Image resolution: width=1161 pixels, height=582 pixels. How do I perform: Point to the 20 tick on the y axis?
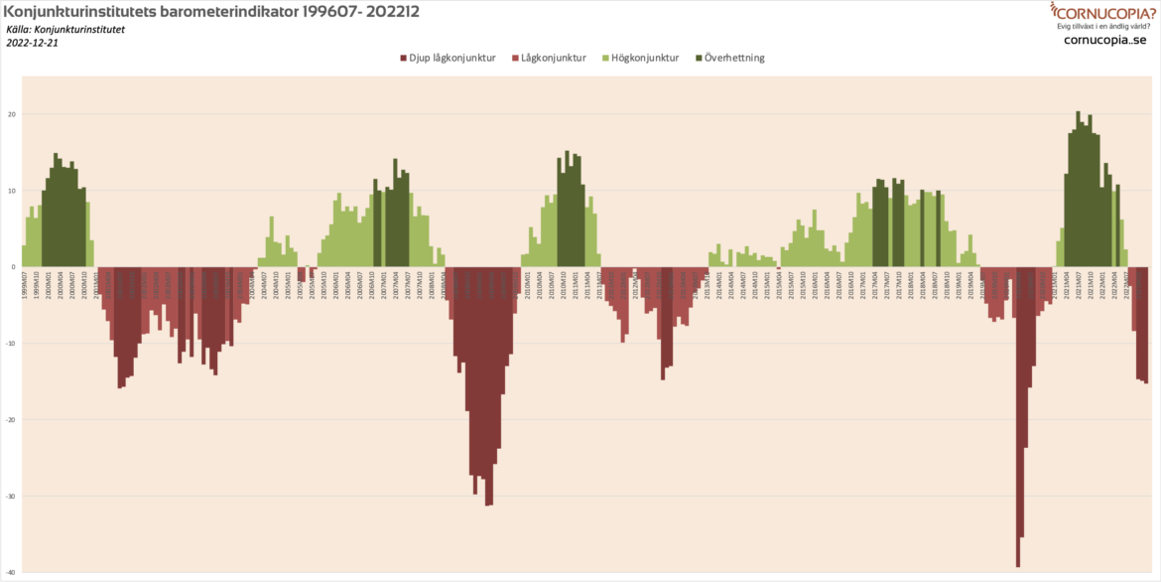click(x=12, y=114)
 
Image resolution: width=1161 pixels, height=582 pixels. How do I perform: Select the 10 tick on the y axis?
click(x=12, y=191)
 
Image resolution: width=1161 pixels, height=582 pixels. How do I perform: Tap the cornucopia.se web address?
click(x=1104, y=41)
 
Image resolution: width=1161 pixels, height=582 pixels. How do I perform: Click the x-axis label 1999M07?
click(x=25, y=282)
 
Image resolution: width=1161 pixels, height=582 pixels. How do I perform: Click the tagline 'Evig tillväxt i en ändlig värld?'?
click(x=1104, y=27)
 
